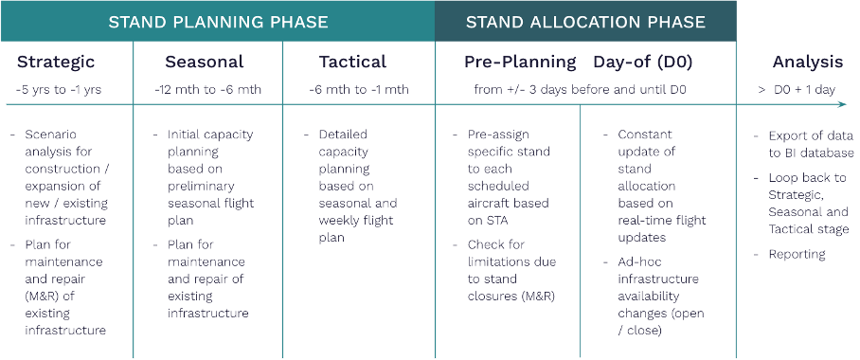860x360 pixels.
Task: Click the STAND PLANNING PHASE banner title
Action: (218, 21)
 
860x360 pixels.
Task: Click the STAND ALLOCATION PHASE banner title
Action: (585, 21)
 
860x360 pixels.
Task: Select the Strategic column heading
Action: (56, 63)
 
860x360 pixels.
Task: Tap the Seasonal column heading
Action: (204, 63)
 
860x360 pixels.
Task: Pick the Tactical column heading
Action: (352, 63)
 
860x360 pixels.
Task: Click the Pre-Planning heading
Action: (520, 63)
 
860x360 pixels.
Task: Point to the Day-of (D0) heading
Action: (643, 63)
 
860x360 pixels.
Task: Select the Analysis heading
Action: (807, 63)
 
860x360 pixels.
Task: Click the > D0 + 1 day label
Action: (797, 90)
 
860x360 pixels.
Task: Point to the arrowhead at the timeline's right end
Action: (844, 105)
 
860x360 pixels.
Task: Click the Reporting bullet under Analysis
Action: (797, 254)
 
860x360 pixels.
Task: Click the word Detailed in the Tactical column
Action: (342, 135)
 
